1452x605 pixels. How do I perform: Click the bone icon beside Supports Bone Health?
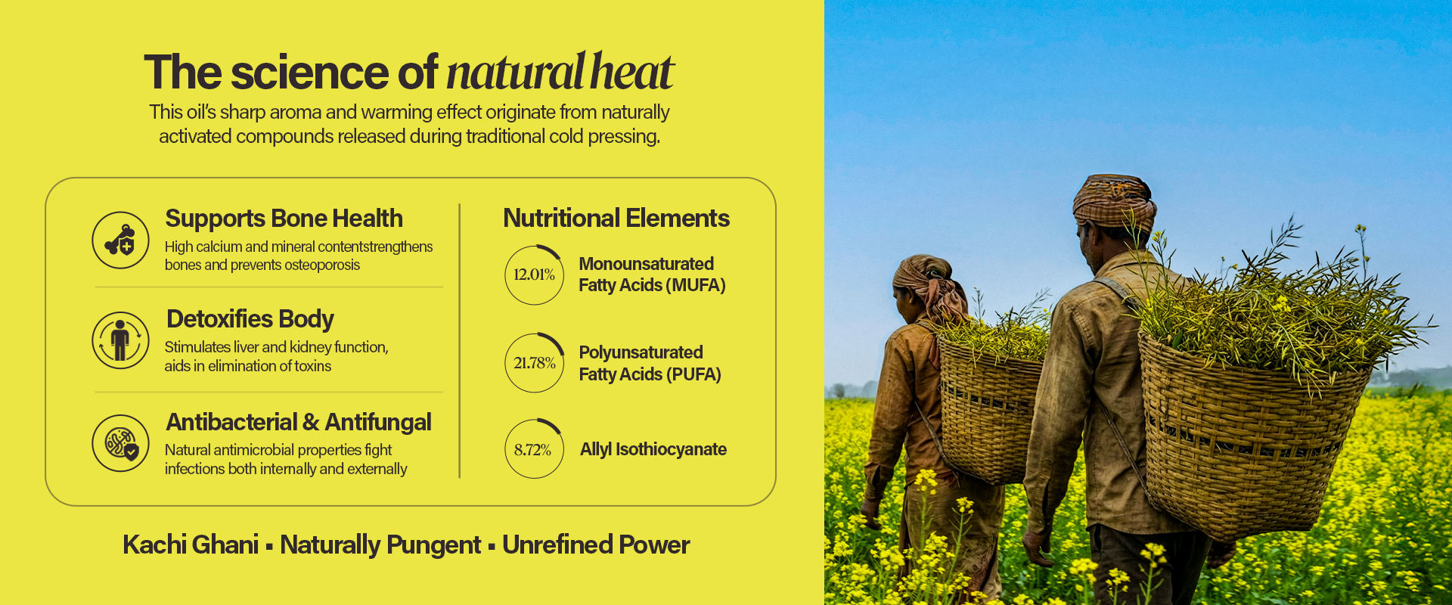(x=120, y=240)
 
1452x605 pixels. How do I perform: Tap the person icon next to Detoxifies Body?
(x=120, y=340)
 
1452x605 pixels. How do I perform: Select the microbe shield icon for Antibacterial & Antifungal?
(x=120, y=443)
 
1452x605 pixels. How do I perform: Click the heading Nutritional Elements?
(x=616, y=219)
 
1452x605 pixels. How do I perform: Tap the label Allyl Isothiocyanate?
(x=653, y=449)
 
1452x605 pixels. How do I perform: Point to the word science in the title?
(x=310, y=73)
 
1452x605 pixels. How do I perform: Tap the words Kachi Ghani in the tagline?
(x=191, y=544)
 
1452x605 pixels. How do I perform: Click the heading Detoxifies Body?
(x=250, y=319)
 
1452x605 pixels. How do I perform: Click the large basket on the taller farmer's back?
(x=1244, y=439)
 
